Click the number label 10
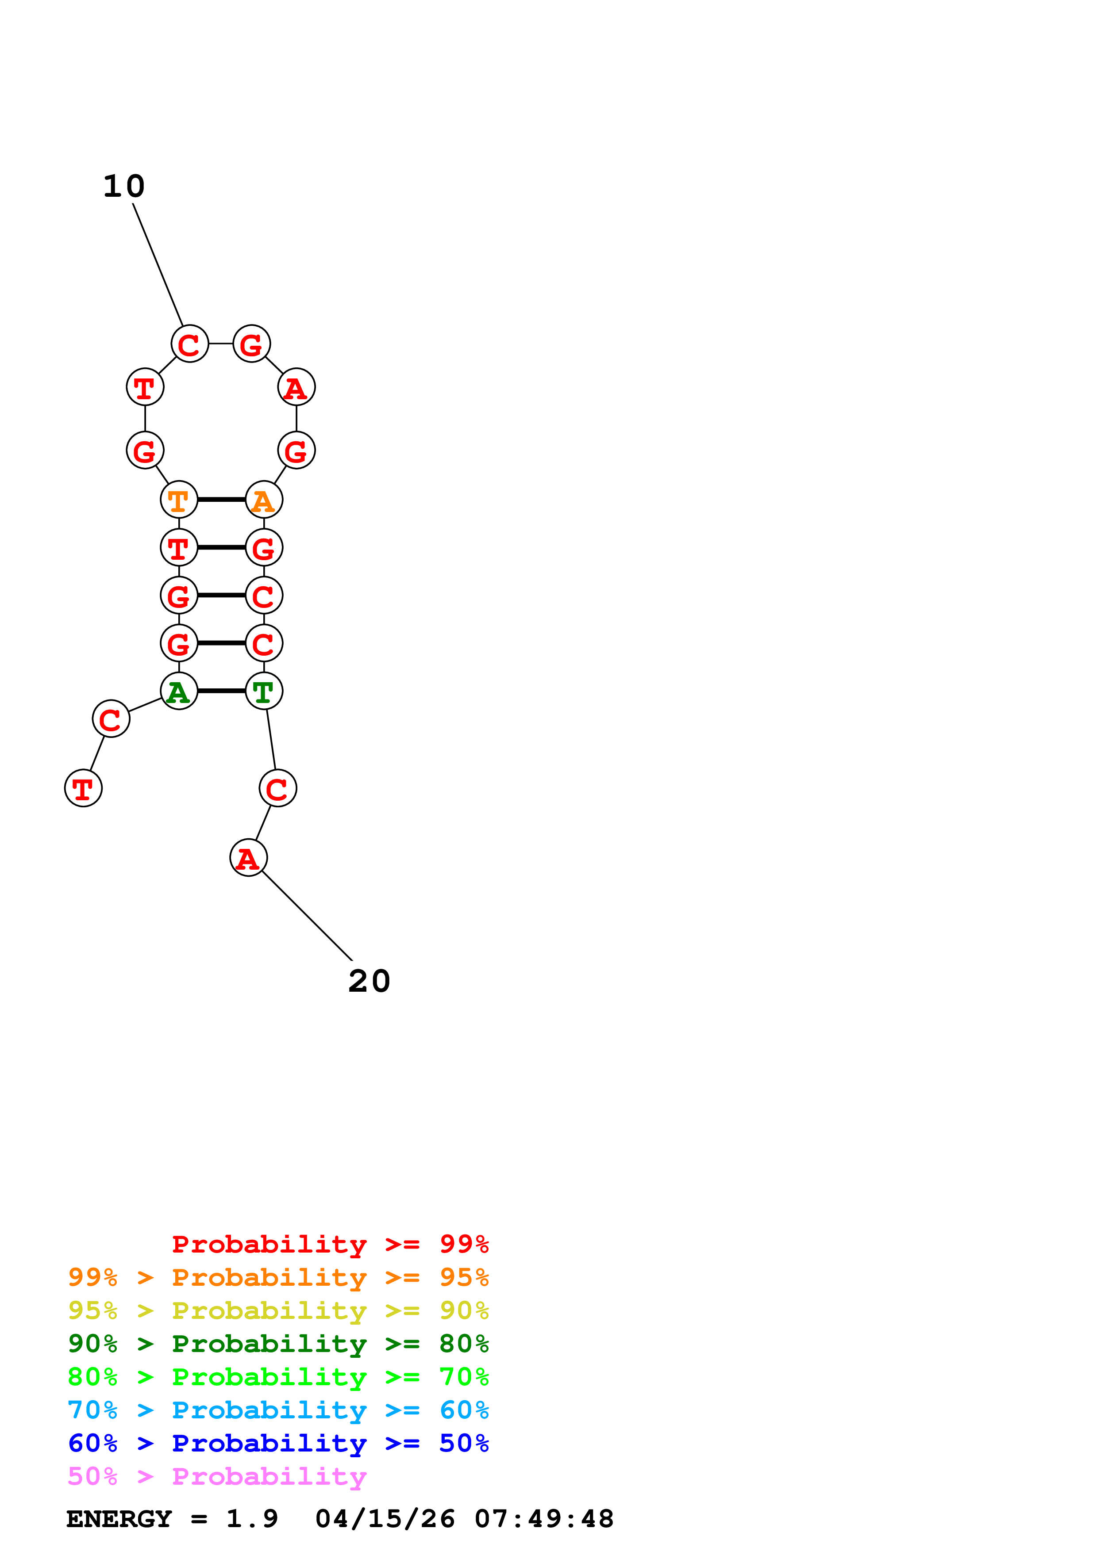pos(124,187)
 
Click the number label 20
pos(369,982)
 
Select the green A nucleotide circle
pos(179,691)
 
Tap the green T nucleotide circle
pos(264,691)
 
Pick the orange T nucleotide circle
pos(179,500)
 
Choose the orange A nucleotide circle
pos(264,500)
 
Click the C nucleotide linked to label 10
pos(190,344)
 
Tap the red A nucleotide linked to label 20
pos(249,858)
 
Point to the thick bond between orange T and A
pos(221,500)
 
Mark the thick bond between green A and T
pos(221,691)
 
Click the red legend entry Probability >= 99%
pos(330,1244)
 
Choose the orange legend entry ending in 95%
pos(278,1277)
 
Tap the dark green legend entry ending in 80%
pos(278,1344)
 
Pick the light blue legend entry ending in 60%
pos(278,1410)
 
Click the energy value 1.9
pos(251,1519)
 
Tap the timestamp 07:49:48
pos(544,1519)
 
